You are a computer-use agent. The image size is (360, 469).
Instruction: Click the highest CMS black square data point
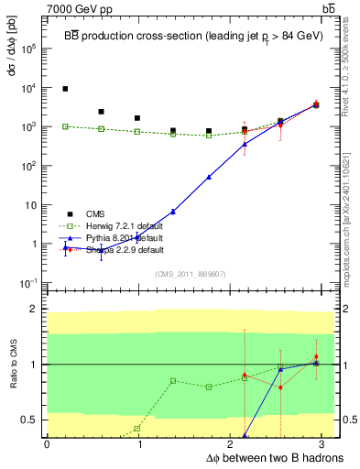(65, 89)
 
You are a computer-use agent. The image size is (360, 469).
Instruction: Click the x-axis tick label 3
(325, 444)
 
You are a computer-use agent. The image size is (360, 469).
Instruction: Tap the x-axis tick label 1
(139, 444)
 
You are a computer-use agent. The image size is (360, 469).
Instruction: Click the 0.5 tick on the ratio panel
(32, 420)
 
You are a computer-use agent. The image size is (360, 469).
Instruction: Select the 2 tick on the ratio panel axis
(35, 309)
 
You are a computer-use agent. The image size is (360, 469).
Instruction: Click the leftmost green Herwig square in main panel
(65, 126)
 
